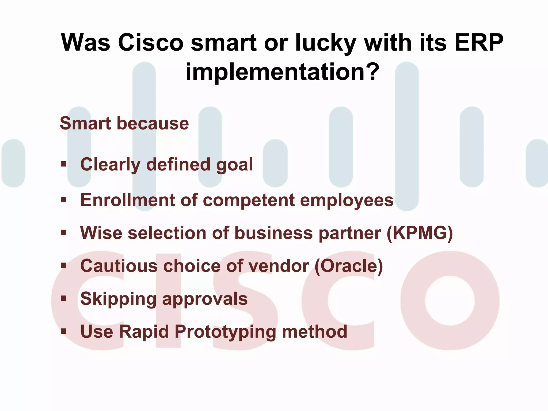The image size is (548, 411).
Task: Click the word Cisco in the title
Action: coord(151,43)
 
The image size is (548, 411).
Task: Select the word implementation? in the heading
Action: coord(283,72)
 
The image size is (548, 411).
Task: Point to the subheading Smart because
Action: coord(124,123)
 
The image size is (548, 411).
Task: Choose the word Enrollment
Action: coord(127,200)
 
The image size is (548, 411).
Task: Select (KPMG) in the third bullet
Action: coord(420,233)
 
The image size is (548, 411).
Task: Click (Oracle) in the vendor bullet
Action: coord(349,266)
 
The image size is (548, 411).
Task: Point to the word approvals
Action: coord(205,299)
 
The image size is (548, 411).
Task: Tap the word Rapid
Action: coord(144,332)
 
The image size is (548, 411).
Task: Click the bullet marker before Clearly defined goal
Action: coord(64,164)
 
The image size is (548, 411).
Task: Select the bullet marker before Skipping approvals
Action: coord(64,298)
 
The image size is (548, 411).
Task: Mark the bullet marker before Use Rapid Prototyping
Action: coord(64,331)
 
